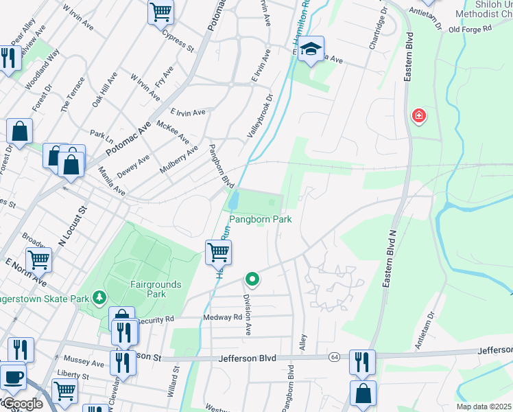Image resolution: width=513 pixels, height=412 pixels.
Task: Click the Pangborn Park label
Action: click(260, 220)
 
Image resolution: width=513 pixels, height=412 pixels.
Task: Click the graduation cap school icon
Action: click(311, 49)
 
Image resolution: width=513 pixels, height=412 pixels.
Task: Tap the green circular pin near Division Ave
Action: click(252, 279)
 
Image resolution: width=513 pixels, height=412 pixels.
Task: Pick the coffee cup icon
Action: click(12, 376)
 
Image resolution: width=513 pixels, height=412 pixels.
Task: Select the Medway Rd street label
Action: click(223, 317)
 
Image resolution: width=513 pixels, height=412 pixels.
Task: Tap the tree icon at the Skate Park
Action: click(100, 297)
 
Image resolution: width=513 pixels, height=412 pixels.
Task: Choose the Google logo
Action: click(22, 404)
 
